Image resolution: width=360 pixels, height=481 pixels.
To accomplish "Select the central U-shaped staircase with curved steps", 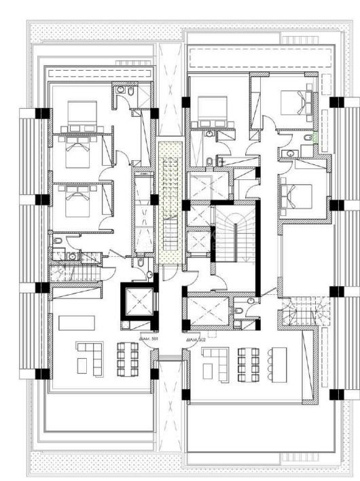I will point(234,234).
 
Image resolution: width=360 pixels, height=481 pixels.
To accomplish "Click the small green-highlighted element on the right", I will point(315,137).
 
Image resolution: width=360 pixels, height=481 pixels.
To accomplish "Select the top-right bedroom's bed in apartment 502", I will point(296,105).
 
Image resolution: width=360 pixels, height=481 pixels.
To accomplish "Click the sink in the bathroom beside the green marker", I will point(290,154).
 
